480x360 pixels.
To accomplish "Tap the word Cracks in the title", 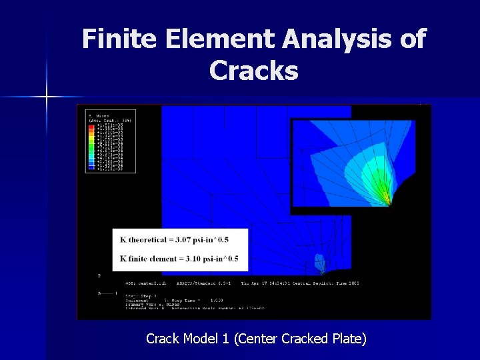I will click(x=253, y=70).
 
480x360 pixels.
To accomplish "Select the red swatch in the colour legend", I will click(x=91, y=125).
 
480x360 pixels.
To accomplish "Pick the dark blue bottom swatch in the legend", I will click(x=91, y=169).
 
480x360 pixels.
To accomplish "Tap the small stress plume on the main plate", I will click(x=321, y=265).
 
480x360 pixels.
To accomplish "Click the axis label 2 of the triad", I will click(x=99, y=275).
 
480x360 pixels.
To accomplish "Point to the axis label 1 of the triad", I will click(x=116, y=293).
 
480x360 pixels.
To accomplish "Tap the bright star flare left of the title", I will click(x=47, y=97).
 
